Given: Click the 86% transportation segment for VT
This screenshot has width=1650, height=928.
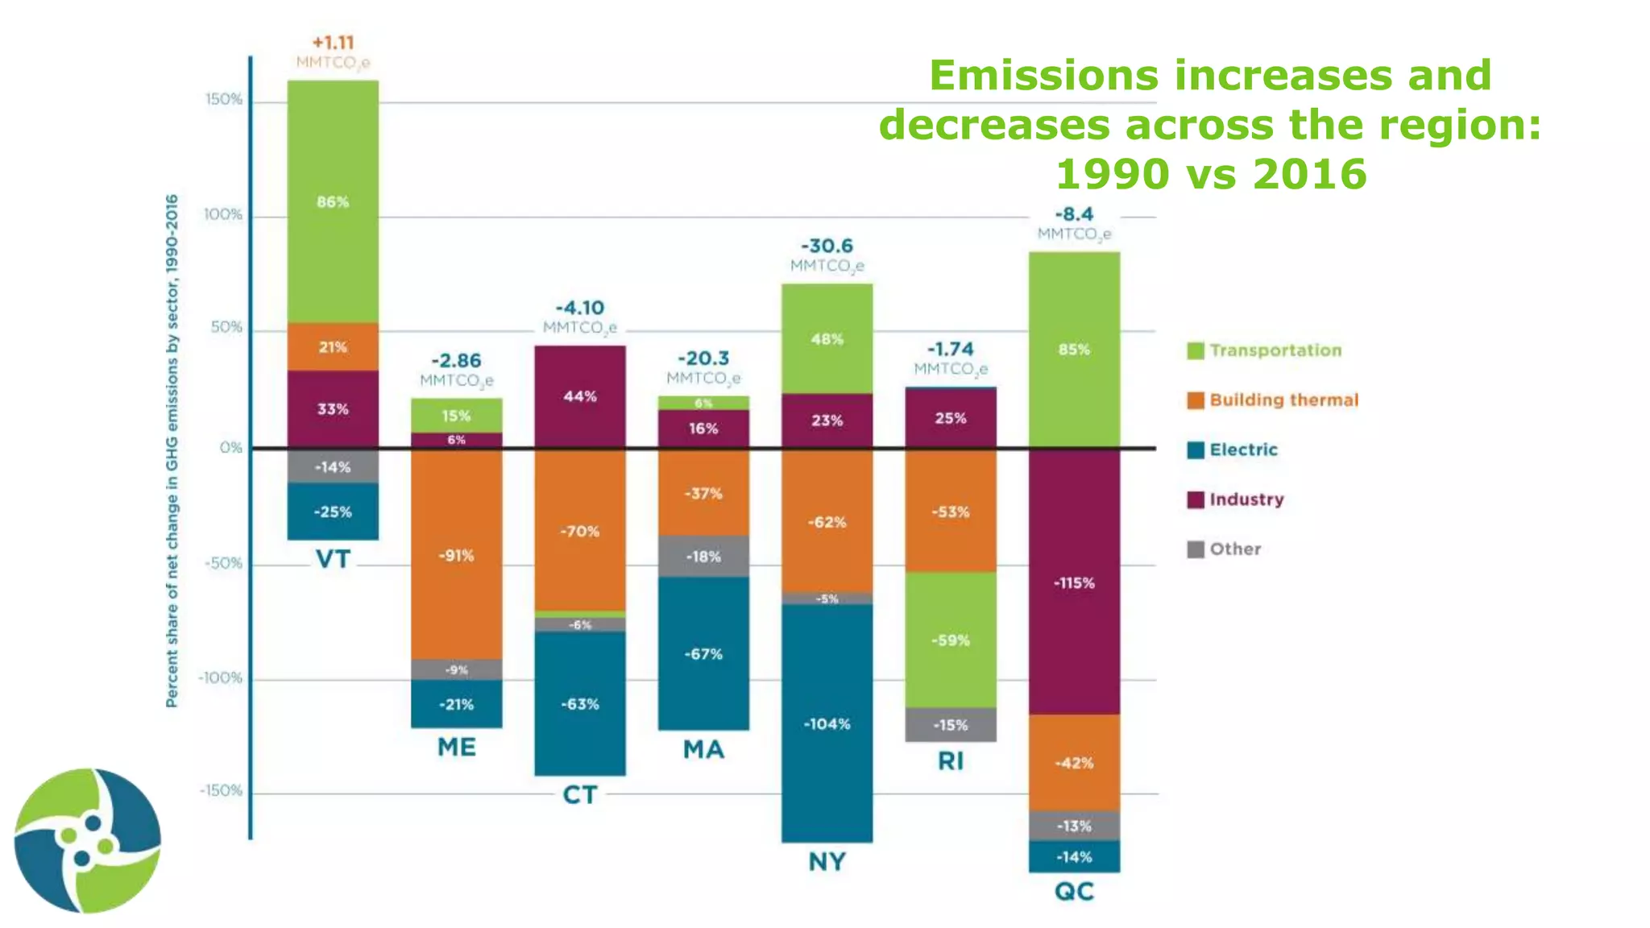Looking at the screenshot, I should [333, 201].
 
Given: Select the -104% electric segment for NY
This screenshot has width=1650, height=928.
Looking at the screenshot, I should [827, 723].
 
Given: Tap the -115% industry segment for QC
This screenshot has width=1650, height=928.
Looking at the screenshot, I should [1074, 582].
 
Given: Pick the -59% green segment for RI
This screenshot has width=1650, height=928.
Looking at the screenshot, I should [951, 640].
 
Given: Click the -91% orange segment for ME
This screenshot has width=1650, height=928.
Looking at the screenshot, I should [456, 555].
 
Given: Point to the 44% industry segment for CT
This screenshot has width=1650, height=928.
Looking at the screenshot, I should [579, 396].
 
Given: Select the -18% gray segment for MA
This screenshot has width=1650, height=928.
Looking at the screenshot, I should [703, 557].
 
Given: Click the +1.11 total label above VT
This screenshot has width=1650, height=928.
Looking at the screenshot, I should [333, 43].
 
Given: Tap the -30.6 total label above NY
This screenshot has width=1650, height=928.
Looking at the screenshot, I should [827, 246].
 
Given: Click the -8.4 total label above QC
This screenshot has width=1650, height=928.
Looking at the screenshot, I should [1074, 214].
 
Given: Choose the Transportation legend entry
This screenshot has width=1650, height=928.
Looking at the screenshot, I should [1275, 350].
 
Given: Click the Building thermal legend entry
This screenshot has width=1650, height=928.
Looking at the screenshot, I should [1283, 400].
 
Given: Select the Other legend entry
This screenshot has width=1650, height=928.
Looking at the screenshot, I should [1234, 549].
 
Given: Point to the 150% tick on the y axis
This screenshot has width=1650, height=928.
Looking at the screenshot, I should [224, 100].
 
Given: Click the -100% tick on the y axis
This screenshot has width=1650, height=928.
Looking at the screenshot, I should [220, 678].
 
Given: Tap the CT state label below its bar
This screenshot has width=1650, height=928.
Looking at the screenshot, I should [579, 795].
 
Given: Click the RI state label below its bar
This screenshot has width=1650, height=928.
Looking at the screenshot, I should [951, 761].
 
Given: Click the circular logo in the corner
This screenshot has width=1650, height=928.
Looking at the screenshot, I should [88, 840].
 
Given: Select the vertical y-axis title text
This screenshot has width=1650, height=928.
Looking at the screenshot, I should [172, 451].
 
